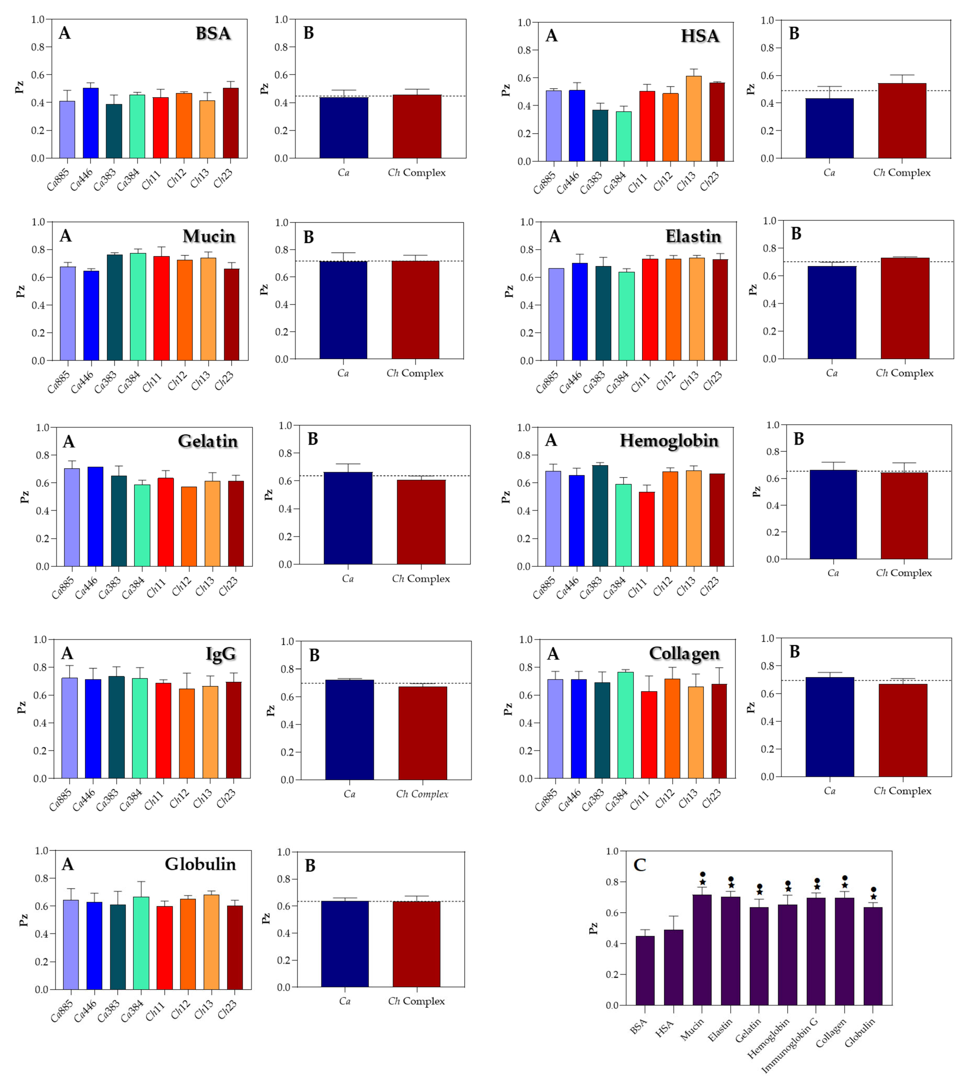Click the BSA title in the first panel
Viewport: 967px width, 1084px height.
(213, 34)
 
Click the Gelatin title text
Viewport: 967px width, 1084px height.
(208, 441)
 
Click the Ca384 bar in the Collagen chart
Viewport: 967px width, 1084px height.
(625, 725)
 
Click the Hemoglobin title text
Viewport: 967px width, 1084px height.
(669, 440)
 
